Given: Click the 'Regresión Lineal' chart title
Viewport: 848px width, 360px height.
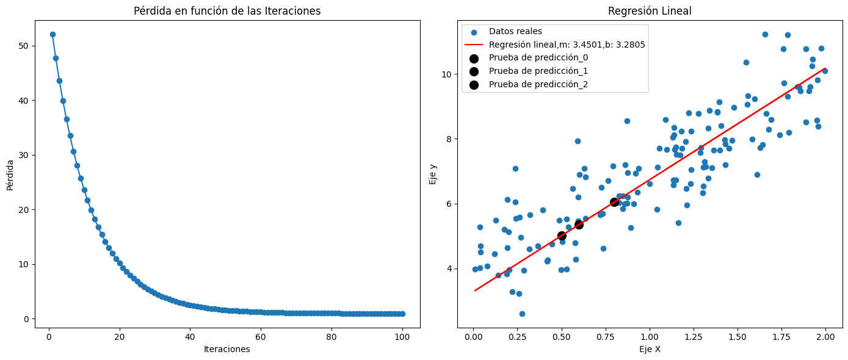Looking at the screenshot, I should (x=650, y=11).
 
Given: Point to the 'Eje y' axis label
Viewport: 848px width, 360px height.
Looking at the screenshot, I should (x=433, y=173).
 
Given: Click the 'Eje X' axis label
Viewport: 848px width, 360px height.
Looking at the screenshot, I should (x=650, y=349).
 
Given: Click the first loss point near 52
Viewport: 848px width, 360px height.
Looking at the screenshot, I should (x=53, y=35).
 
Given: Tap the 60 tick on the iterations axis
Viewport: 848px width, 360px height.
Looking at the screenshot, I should (x=261, y=336).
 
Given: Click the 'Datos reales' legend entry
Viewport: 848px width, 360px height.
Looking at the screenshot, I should (x=515, y=32).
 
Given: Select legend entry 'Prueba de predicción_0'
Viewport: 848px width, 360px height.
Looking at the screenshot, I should (x=538, y=58).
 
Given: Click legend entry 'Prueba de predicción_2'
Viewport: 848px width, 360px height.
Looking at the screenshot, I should (x=538, y=84).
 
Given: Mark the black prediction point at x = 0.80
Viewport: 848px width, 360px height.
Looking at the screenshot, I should (x=614, y=202).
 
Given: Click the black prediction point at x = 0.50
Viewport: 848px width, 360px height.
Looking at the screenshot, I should (x=562, y=236).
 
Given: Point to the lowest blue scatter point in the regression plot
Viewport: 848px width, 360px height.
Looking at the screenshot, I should (x=522, y=314).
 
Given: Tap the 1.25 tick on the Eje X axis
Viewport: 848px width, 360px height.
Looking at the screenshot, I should (x=694, y=336).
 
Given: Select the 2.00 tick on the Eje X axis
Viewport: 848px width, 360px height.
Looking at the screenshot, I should (x=826, y=336).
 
